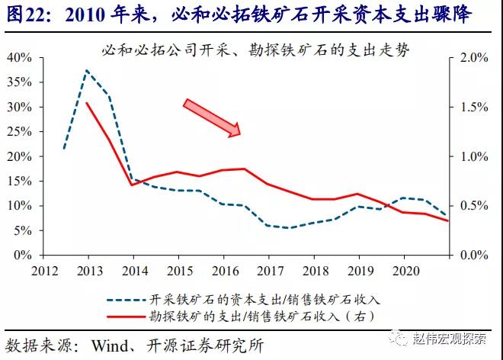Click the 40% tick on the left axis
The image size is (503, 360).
coord(19,58)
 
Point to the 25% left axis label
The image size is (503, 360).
coord(19,132)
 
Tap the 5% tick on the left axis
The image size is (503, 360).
coord(22,230)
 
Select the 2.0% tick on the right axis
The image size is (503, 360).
coord(471,58)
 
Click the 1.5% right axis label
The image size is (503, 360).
coord(471,108)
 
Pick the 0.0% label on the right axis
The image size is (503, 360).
coord(471,256)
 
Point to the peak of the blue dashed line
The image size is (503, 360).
coord(87,71)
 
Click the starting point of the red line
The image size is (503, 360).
coord(88,103)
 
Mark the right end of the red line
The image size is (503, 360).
coord(449,221)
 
